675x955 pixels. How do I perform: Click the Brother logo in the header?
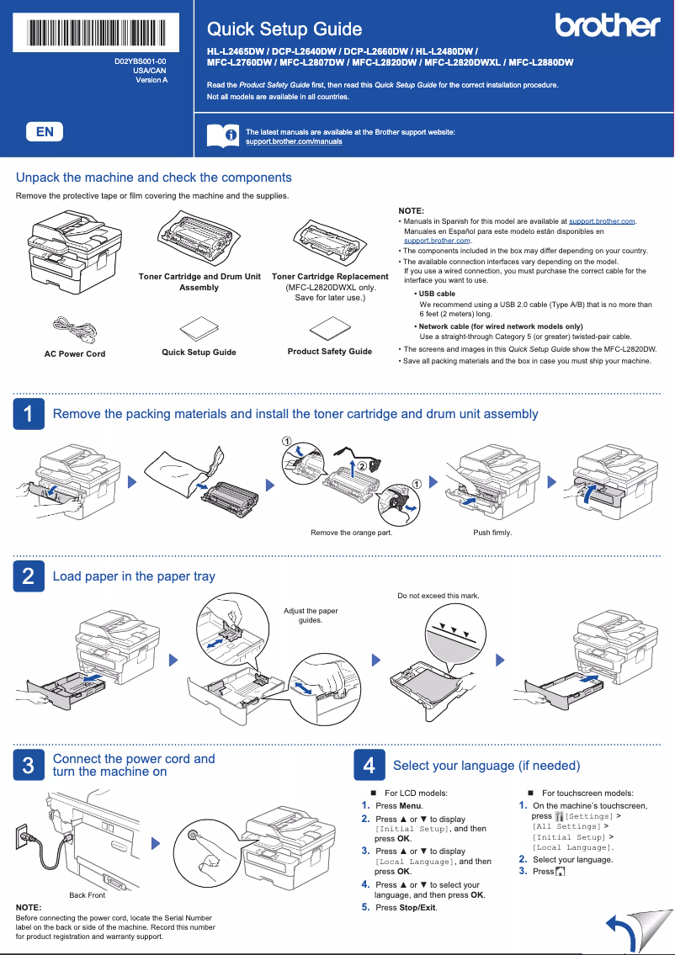pyautogui.click(x=607, y=26)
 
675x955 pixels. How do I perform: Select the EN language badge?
pyautogui.click(x=45, y=131)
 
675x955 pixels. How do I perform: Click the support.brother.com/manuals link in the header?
pyautogui.click(x=293, y=142)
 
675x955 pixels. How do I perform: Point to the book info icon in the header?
pyautogui.click(x=221, y=135)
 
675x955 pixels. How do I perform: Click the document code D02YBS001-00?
pyautogui.click(x=141, y=62)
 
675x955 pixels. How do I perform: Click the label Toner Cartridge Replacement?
pyautogui.click(x=330, y=277)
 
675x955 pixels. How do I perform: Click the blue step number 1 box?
pyautogui.click(x=28, y=414)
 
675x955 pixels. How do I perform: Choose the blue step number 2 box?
pyautogui.click(x=28, y=576)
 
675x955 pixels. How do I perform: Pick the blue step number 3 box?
pyautogui.click(x=28, y=765)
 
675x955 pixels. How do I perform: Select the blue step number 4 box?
pyautogui.click(x=368, y=765)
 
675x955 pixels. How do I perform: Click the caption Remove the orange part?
pyautogui.click(x=351, y=533)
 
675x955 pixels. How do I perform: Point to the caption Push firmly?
pyautogui.click(x=492, y=533)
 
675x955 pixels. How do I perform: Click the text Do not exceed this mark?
pyautogui.click(x=438, y=596)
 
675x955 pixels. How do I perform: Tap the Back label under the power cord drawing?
pyautogui.click(x=77, y=895)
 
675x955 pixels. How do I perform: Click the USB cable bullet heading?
pyautogui.click(x=437, y=294)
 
